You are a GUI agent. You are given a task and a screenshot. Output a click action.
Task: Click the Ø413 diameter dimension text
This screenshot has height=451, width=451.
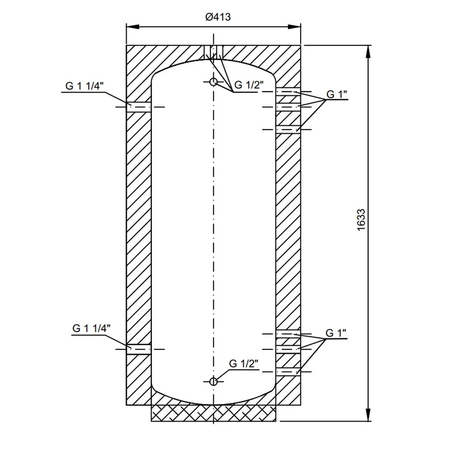[x=218, y=17]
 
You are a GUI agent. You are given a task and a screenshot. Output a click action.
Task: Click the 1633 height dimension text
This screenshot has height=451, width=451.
[x=360, y=220]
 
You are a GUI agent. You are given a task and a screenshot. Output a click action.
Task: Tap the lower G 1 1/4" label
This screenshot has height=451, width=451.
[x=91, y=328]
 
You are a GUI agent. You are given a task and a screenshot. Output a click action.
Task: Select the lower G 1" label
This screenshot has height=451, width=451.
[x=336, y=334]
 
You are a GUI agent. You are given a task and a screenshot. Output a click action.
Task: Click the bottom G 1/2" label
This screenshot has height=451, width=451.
[x=244, y=364]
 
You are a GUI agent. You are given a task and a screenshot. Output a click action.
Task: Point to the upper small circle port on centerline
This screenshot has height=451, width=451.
[x=213, y=82]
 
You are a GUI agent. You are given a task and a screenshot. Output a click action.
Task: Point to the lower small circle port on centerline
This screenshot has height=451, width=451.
[x=213, y=382]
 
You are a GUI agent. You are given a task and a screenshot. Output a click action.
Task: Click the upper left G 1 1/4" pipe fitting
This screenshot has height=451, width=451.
[x=138, y=106]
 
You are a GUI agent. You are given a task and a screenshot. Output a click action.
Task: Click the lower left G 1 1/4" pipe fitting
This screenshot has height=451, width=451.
[x=138, y=349]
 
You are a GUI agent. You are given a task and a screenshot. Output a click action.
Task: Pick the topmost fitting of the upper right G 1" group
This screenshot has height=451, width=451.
[x=288, y=92]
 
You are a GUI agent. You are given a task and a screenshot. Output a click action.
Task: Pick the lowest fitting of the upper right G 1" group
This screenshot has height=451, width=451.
[x=288, y=129]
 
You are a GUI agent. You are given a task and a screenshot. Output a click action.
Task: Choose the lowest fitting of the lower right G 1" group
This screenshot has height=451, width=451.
[x=288, y=372]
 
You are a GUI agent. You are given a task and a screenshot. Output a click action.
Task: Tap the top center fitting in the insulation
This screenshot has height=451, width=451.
[x=213, y=51]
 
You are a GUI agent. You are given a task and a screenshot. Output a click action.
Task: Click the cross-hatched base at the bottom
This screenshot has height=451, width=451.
[x=213, y=413]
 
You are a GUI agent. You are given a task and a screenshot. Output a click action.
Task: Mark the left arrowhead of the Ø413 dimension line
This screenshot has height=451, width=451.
[x=132, y=27]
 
